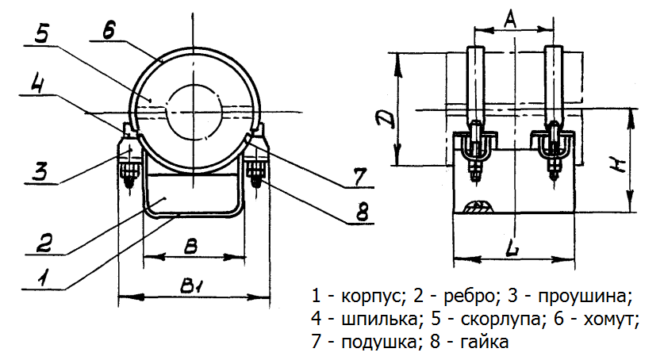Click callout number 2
coord(44,242)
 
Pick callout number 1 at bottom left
coord(44,277)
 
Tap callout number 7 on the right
coord(358,176)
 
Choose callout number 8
coord(361,212)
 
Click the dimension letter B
coord(190,247)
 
